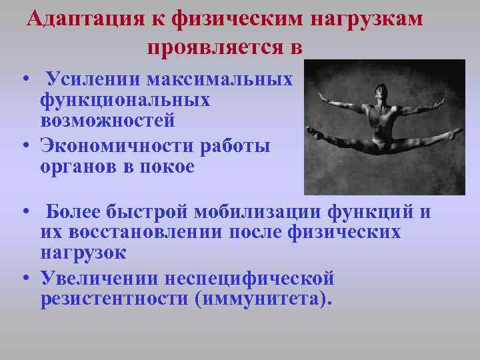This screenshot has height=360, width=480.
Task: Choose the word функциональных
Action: point(125,101)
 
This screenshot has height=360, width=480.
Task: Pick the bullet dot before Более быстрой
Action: point(25,213)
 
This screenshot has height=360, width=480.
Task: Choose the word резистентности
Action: point(114,298)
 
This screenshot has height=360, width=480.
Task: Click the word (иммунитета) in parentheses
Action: point(263,298)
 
